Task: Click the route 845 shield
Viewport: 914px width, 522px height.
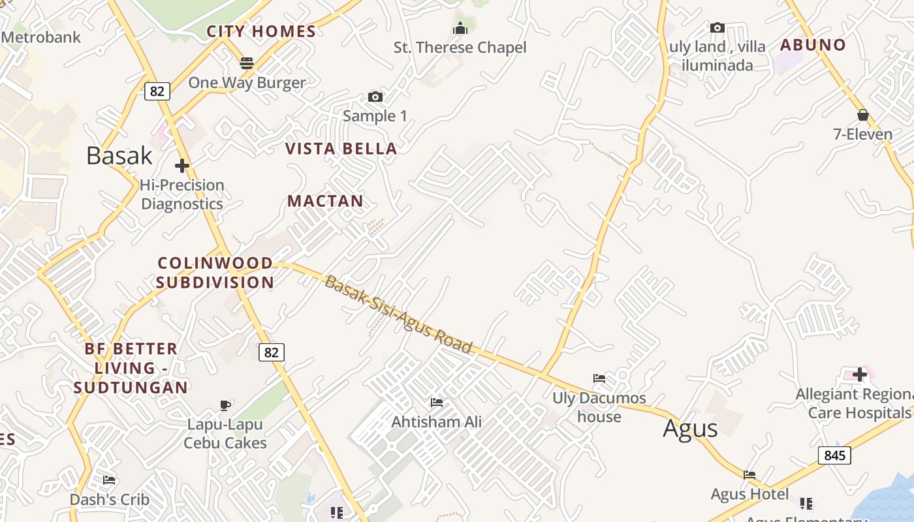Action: click(x=834, y=455)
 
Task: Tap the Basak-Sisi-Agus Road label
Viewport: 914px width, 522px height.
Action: click(x=398, y=314)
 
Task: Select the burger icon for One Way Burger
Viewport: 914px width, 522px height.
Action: click(x=247, y=63)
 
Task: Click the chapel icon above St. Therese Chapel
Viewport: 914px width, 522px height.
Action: click(x=460, y=28)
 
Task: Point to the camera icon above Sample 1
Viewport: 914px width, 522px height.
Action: click(x=375, y=97)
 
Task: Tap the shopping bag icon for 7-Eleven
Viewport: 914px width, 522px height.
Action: click(x=862, y=115)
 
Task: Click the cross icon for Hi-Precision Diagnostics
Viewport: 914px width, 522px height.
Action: click(x=182, y=166)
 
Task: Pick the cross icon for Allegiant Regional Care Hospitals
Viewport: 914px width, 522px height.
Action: click(x=860, y=375)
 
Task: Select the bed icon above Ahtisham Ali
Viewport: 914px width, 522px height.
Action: click(x=437, y=403)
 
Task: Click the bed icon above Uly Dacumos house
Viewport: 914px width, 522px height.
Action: click(x=599, y=378)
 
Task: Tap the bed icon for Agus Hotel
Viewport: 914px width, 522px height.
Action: click(x=749, y=475)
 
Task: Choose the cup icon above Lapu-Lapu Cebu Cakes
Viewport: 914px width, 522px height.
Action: click(x=225, y=405)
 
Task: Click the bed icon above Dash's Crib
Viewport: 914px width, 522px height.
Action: click(x=109, y=480)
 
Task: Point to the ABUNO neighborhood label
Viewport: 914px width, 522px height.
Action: click(x=813, y=45)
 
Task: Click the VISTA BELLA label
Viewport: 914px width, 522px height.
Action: click(x=341, y=149)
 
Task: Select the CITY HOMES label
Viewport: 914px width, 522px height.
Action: click(x=261, y=31)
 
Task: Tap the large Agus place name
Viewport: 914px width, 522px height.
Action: click(x=690, y=429)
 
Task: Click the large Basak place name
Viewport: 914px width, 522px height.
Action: click(x=119, y=155)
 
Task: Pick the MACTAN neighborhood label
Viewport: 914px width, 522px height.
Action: click(x=325, y=201)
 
